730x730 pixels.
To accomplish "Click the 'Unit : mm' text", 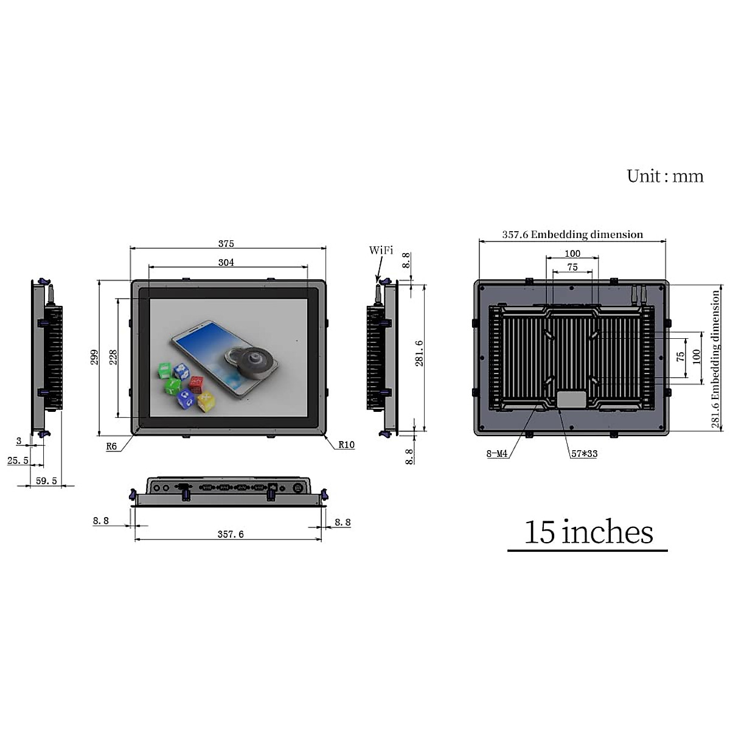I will coord(665,176).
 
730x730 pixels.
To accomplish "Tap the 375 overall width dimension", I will coord(226,243).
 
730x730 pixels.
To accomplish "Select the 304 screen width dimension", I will coord(226,263).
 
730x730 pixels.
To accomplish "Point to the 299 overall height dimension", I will coord(94,357).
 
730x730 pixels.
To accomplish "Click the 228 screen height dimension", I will coord(113,357).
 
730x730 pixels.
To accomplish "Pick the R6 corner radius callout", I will coord(111,447).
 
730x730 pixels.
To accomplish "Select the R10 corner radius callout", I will coord(346,445).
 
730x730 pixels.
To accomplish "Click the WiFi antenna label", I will coord(381,251).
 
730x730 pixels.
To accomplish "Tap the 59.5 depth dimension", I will coord(46,481).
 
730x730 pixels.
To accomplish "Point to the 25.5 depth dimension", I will coord(18,461).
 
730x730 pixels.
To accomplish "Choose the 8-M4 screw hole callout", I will coord(497,454).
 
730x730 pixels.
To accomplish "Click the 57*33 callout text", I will coord(584,454).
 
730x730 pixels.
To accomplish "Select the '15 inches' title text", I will coord(588,532).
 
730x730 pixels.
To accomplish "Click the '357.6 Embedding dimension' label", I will coord(572,234).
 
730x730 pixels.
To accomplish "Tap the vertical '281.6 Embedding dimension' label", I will coord(716,359).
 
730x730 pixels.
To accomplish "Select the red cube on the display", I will coord(196,384).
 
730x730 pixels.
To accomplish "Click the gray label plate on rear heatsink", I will coord(572,399).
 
